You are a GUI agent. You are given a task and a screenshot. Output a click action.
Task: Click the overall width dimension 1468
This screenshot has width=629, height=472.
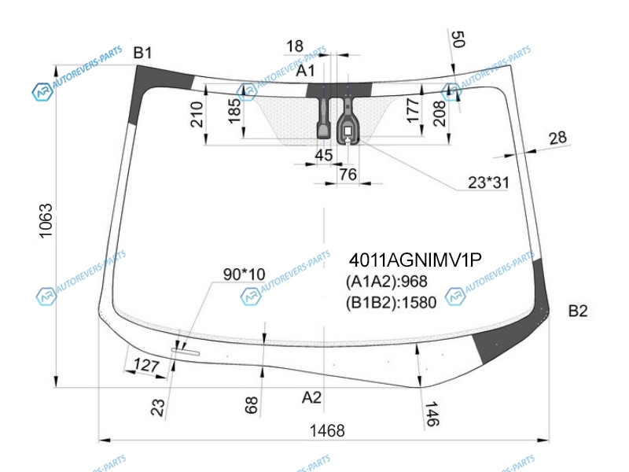(x=327, y=430)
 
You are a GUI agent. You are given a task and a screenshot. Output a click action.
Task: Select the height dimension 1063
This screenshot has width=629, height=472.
(x=46, y=221)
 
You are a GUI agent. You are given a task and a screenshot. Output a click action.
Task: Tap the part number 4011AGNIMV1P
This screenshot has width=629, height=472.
(x=415, y=260)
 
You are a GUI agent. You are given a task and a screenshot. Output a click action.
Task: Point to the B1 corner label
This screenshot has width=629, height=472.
(x=143, y=53)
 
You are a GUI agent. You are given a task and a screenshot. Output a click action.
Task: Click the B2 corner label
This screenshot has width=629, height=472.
(x=578, y=311)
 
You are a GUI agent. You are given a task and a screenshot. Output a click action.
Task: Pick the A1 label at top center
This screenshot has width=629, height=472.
(x=305, y=71)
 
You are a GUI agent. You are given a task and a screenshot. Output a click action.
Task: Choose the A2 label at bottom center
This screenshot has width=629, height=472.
(x=311, y=397)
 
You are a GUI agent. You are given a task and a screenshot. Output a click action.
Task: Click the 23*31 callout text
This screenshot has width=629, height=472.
(x=488, y=183)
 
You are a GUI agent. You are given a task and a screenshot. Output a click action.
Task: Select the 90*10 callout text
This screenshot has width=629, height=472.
(x=244, y=275)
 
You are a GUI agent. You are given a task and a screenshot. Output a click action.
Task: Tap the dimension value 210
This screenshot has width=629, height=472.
(x=197, y=114)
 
